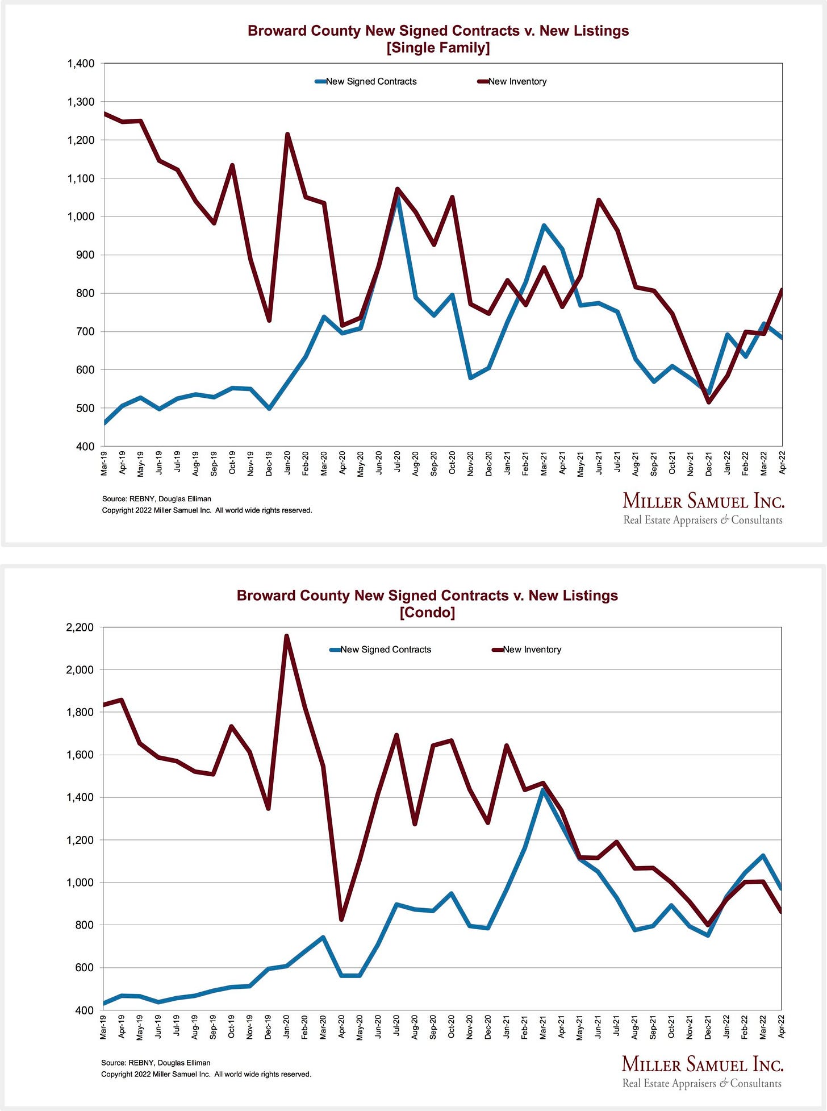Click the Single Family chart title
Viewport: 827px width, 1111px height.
[x=438, y=39]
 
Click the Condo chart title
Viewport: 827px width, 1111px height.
[x=427, y=604]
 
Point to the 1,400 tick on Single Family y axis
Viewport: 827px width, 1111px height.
[x=81, y=64]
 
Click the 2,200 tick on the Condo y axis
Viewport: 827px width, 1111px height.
[x=80, y=627]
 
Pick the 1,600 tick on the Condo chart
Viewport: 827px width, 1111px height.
[x=80, y=755]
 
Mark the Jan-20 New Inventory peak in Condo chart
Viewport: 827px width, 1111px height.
[x=286, y=636]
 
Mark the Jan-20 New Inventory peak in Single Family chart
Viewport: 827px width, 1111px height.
[x=287, y=135]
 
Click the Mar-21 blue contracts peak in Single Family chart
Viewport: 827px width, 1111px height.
[x=544, y=226]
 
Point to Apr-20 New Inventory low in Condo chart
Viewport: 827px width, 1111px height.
[x=341, y=919]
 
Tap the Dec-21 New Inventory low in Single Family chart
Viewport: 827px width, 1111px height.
[x=709, y=402]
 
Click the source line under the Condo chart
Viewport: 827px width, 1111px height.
[x=156, y=1063]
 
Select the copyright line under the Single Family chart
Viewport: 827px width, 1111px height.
[x=207, y=510]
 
